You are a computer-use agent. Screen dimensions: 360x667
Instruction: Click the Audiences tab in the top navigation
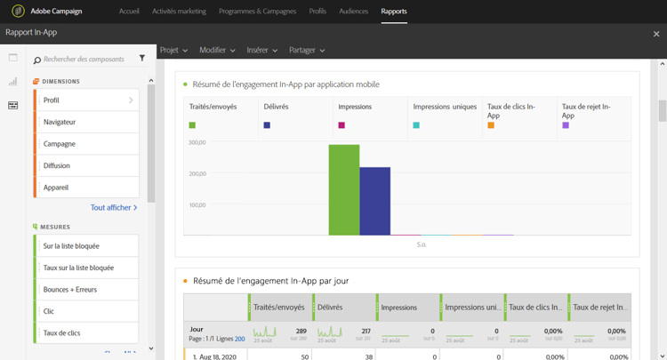coord(354,12)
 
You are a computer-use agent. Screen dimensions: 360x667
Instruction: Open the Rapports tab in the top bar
coord(393,12)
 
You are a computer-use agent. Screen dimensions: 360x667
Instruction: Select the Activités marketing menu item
coord(179,12)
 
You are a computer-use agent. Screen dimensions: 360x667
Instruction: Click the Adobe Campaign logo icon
coord(18,12)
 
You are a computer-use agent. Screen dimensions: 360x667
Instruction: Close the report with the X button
coord(656,34)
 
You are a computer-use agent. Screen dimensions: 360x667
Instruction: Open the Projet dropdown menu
coord(173,51)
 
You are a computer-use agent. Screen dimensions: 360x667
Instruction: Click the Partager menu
coord(306,51)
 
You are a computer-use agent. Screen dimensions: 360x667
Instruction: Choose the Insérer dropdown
coord(261,51)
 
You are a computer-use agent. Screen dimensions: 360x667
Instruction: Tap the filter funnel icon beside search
coord(142,59)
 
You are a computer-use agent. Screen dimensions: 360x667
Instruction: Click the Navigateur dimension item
coord(86,122)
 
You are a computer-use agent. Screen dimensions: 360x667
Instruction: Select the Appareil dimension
coord(86,188)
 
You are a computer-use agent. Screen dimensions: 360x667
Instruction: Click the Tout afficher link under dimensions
coord(114,208)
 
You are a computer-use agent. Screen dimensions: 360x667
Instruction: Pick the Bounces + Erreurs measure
coord(86,290)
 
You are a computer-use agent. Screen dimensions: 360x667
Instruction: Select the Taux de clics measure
coord(86,333)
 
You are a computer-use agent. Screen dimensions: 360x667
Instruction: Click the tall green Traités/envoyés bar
coord(344,190)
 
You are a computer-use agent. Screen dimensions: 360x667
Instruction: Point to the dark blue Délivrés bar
coord(374,202)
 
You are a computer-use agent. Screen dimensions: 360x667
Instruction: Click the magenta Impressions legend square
coord(342,125)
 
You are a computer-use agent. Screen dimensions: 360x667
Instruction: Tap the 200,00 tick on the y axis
coord(197,173)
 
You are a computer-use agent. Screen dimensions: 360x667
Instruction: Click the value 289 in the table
coord(301,330)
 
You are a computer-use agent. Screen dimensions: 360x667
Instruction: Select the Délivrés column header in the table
coord(335,308)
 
